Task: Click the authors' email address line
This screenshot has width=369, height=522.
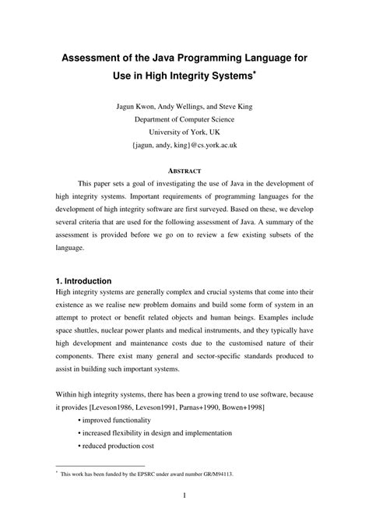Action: pos(184,146)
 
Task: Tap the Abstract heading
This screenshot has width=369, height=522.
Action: pos(184,170)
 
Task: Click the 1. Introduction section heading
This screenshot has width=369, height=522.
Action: pos(84,280)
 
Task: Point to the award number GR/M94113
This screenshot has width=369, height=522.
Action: pos(223,472)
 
